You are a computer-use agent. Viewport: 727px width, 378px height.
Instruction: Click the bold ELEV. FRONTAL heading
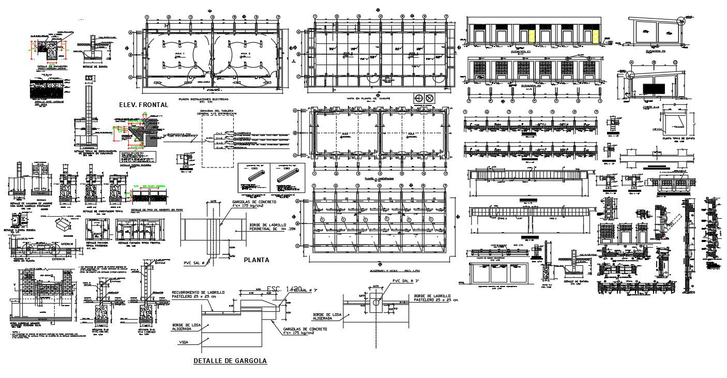pos(144,104)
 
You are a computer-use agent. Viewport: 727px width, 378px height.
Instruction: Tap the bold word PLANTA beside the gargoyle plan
pos(256,260)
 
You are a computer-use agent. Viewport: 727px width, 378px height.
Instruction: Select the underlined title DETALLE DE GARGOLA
pos(230,360)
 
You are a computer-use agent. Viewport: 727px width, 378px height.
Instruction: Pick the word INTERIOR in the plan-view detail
pos(68,244)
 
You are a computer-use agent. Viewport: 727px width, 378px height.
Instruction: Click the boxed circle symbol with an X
pos(429,98)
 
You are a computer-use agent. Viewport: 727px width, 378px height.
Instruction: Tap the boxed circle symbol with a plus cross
pos(418,98)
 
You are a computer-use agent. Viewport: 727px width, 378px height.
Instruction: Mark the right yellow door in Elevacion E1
pos(595,36)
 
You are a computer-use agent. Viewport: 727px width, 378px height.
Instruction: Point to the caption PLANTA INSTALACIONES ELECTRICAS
pos(203,98)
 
